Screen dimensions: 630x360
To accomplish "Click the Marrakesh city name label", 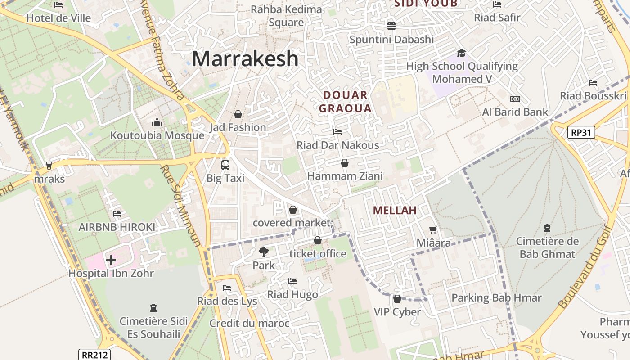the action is point(245,59).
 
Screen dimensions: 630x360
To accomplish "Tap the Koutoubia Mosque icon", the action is point(157,122).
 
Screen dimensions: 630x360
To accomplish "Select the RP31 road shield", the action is point(581,132).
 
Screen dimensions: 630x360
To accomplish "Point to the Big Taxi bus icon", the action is point(225,165).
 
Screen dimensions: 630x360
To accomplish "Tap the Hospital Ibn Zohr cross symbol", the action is point(111,260).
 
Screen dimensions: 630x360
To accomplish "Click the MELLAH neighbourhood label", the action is point(395,210).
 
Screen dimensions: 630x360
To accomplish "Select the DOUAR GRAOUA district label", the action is point(345,102).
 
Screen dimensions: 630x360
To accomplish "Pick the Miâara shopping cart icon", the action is point(433,230).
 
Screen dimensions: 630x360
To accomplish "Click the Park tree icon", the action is point(263,252).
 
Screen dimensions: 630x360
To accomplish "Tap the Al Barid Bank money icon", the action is point(515,99).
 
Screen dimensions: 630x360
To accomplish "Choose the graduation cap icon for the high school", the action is point(461,54).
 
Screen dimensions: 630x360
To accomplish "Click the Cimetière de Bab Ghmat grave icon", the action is point(547,228).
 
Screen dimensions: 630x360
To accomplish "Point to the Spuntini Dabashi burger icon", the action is point(391,26).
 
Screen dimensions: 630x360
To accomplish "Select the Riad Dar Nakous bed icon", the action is point(337,132).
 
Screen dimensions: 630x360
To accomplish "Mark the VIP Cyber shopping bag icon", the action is point(397,299).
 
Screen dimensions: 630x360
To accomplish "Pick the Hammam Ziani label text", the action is point(345,176).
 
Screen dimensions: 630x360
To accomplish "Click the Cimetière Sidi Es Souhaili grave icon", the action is point(153,308).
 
